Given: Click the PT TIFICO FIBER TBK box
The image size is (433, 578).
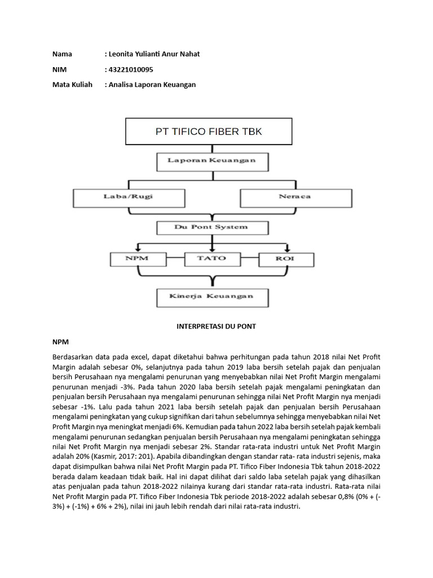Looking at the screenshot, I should [209, 132].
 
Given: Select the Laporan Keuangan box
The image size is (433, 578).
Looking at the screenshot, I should [211, 161].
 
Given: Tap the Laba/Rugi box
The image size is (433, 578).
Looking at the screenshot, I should [130, 197].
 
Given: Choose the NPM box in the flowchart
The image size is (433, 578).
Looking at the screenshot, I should [138, 259].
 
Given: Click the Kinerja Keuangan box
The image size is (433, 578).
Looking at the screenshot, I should [211, 296].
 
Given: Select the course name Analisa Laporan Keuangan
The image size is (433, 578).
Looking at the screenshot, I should [152, 85].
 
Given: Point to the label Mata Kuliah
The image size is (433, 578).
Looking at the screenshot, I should [72, 85].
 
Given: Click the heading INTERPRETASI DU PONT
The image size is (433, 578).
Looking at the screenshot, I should [216, 327].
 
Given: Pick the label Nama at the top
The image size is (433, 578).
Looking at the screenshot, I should [62, 54].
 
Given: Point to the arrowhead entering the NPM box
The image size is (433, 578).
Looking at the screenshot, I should [138, 249].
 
